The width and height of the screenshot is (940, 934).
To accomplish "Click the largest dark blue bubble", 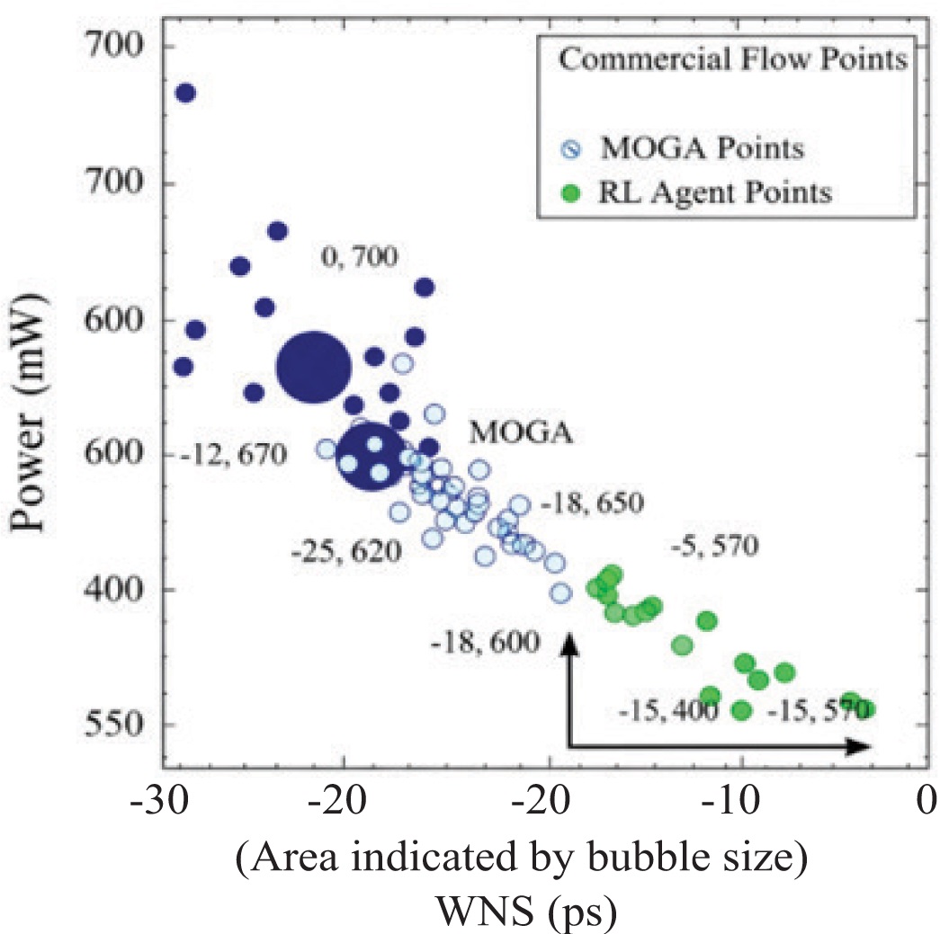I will click(312, 367).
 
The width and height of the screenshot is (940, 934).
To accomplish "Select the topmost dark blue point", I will click(185, 93).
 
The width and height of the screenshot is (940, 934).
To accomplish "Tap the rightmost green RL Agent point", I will click(866, 709).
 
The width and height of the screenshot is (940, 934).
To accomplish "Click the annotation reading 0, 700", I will click(359, 259).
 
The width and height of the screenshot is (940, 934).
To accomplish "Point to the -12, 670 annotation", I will click(233, 456).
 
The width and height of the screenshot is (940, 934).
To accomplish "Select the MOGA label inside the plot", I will click(521, 433).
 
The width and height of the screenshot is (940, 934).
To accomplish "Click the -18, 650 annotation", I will click(595, 504).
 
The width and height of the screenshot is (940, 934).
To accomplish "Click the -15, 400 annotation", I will click(667, 712).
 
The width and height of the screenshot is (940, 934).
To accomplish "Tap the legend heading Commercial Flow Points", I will click(730, 62).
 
